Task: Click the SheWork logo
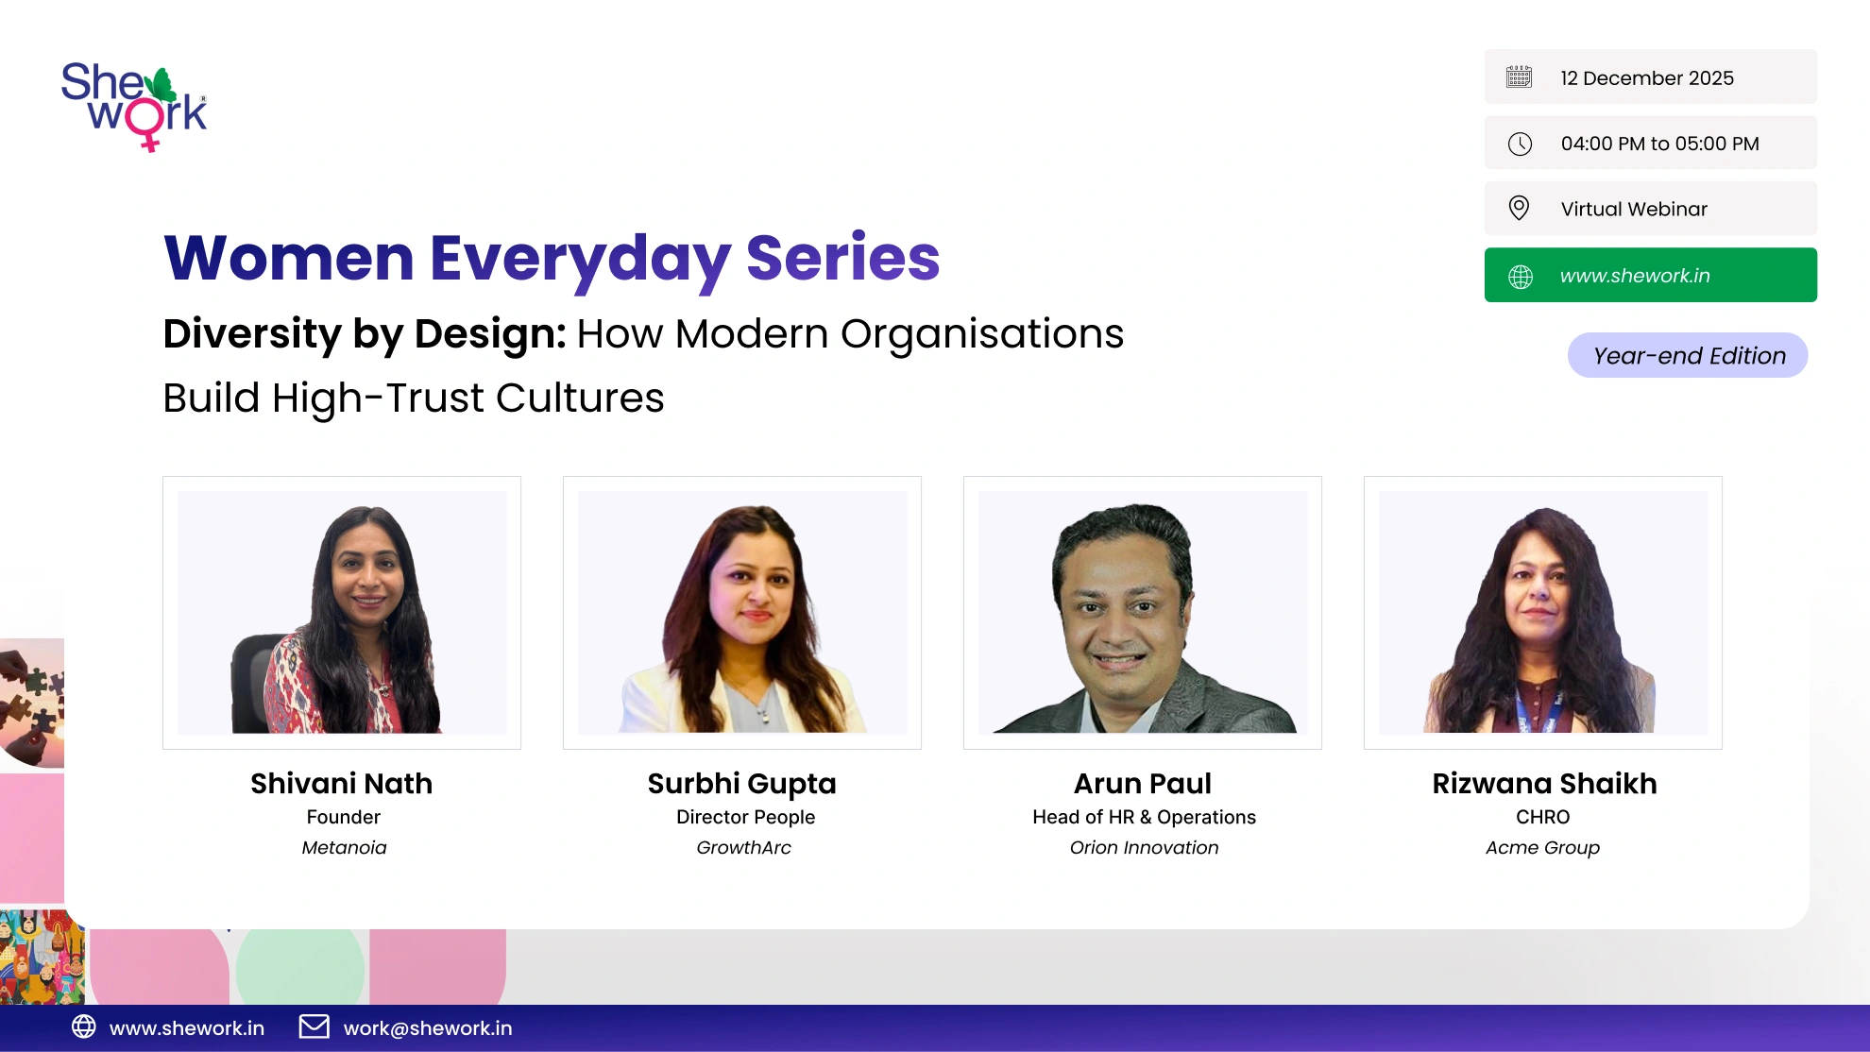[x=134, y=107]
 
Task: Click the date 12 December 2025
[x=1647, y=77]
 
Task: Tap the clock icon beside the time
[x=1520, y=144]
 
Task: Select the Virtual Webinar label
[x=1634, y=209]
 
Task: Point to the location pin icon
[x=1519, y=208]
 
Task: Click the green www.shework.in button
[x=1650, y=275]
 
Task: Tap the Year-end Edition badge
[x=1688, y=355]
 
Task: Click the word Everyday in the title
[x=580, y=259]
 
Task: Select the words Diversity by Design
[x=365, y=333]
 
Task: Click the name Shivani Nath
[x=342, y=783]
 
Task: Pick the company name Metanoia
[x=344, y=847]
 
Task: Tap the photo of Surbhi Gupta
[x=742, y=613]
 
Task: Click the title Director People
[x=745, y=817]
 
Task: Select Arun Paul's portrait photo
[x=1143, y=613]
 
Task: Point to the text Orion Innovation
[x=1144, y=847]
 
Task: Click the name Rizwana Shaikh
[x=1544, y=783]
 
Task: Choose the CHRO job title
[x=1542, y=817]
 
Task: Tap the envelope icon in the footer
[x=314, y=1027]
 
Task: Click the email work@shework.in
[x=428, y=1028]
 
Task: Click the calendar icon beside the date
[x=1520, y=76]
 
